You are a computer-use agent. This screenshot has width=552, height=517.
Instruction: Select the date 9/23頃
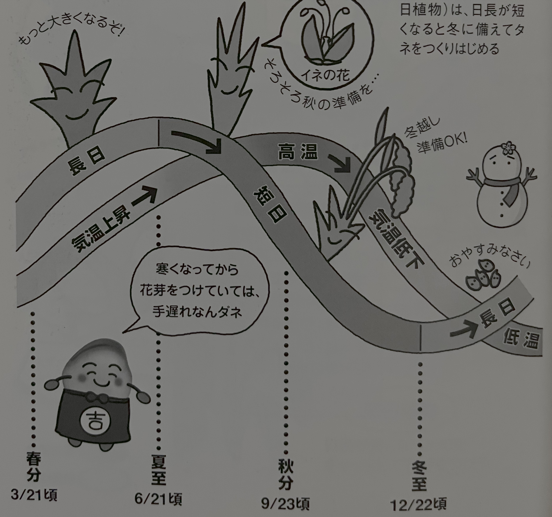tap(285, 503)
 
